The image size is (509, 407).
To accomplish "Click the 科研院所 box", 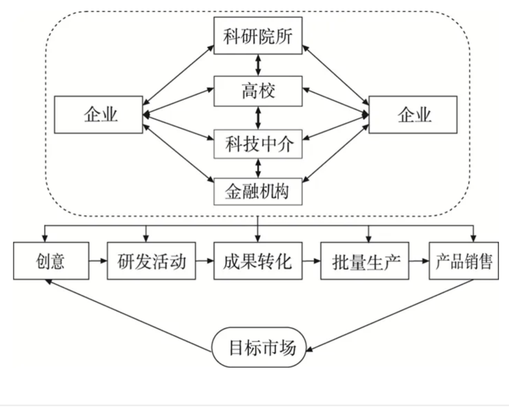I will (258, 36).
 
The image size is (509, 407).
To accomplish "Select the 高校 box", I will (258, 91).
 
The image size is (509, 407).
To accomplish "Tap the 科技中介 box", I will (258, 144).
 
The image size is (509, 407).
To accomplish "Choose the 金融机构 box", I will (258, 191).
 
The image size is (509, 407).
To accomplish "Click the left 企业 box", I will (98, 115).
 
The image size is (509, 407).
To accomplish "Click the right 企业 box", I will (413, 115).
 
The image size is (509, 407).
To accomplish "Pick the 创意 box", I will (51, 261).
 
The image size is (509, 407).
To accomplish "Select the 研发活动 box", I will (151, 261).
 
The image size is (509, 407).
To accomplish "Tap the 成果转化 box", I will (258, 261).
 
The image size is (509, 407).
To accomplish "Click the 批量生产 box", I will (364, 261).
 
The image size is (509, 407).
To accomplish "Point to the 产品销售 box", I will (464, 261).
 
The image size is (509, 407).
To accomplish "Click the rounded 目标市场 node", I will (259, 348).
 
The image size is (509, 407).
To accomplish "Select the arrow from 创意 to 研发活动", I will (98, 261).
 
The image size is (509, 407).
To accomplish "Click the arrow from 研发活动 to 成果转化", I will (205, 261).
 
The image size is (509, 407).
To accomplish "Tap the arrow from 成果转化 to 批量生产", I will (311, 261).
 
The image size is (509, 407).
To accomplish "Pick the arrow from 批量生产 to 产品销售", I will (419, 261).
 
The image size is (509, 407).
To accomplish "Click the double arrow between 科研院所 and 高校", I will (258, 65).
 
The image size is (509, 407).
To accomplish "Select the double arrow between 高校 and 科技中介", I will (258, 118).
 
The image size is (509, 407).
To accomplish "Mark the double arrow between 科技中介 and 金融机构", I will (258, 168).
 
